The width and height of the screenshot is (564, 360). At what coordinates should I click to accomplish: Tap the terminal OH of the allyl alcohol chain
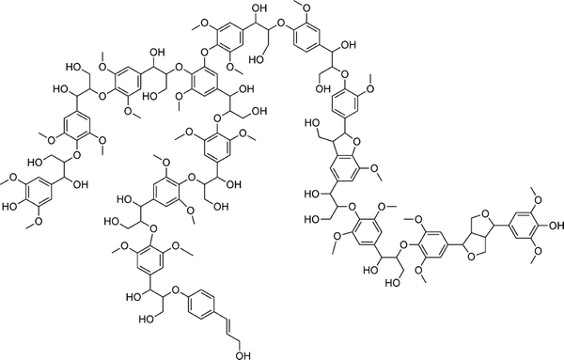coord(243,355)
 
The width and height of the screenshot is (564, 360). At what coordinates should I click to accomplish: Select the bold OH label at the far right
coord(556,226)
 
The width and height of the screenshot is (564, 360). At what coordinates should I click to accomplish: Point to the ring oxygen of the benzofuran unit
coord(357,143)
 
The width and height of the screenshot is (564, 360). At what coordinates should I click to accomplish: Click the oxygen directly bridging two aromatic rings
coord(205,54)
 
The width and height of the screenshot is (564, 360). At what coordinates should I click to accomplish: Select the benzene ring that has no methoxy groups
coord(201,305)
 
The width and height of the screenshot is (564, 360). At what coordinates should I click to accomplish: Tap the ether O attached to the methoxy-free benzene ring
coord(176,290)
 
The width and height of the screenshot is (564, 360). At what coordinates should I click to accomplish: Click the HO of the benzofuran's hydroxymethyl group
coord(312,123)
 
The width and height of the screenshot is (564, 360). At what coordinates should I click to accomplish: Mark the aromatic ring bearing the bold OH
coord(524,226)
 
